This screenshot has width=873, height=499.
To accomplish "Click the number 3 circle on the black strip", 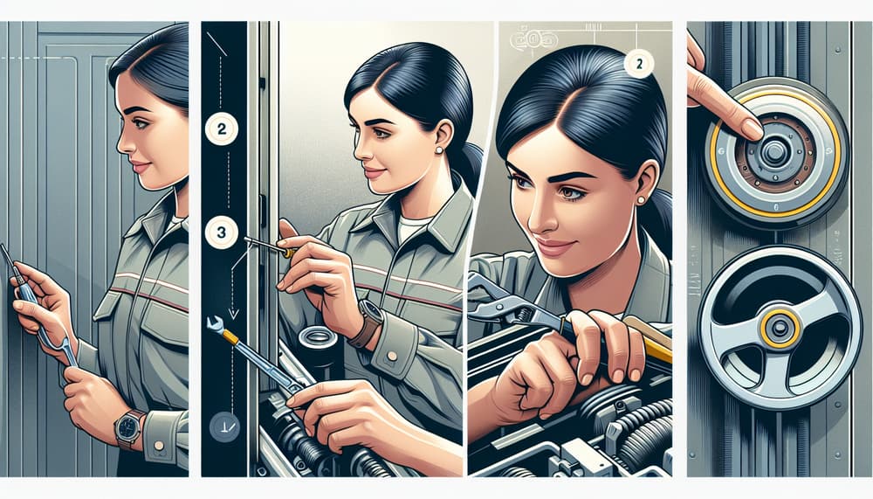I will point(221,232).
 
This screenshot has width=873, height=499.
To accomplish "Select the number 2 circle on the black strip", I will point(220,129).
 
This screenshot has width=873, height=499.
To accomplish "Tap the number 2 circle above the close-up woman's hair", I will point(639,64).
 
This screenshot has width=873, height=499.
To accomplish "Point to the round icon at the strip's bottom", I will point(220,428).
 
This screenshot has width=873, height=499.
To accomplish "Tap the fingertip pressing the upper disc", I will point(749,128).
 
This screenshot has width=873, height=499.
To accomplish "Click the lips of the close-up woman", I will point(553,247).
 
